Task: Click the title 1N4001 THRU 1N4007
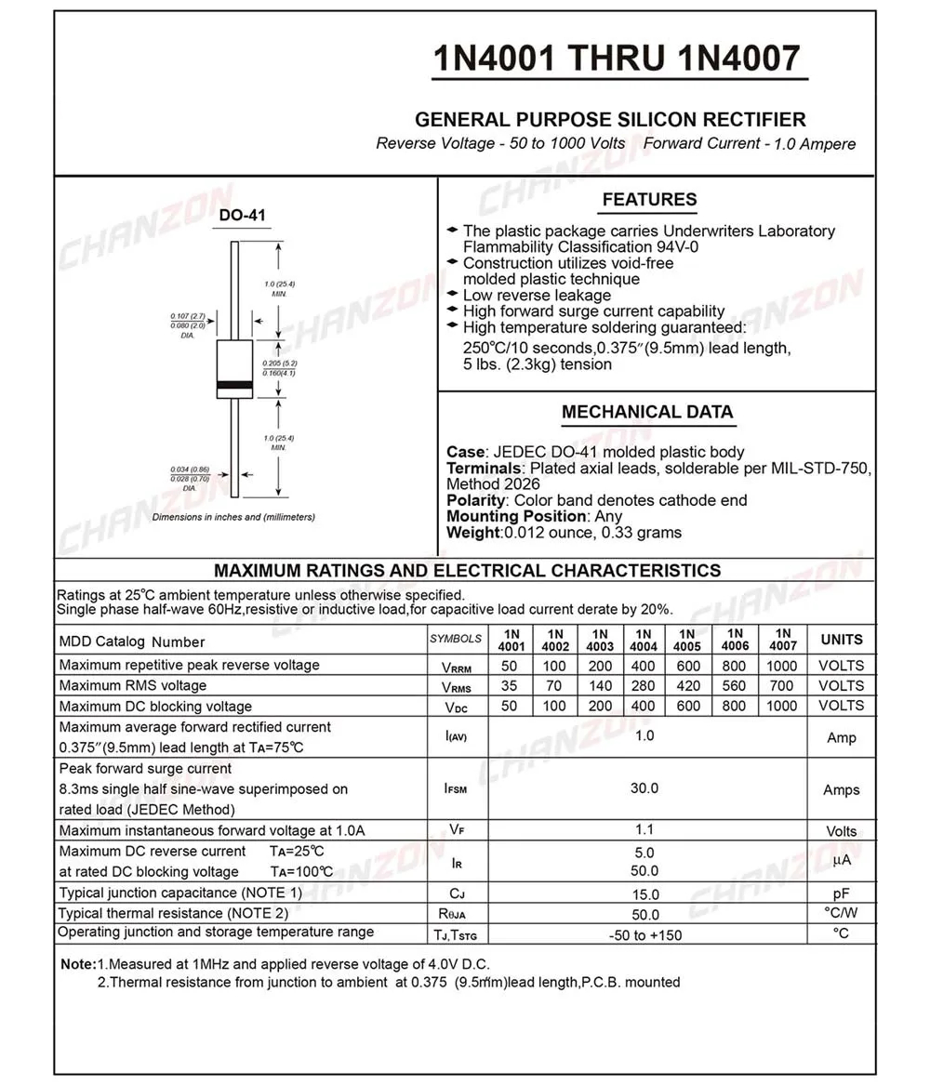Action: [x=617, y=59]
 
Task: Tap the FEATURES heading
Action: [x=649, y=200]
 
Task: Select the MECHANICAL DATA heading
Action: [x=647, y=412]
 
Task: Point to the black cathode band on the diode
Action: [x=234, y=385]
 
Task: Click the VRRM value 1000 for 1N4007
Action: [x=782, y=666]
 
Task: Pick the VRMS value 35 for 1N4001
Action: [x=510, y=686]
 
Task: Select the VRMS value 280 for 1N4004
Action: [x=644, y=686]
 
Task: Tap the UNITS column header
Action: [x=842, y=640]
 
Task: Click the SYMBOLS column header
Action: [x=456, y=639]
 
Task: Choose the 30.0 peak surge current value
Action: [x=644, y=788]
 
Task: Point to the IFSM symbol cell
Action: [x=456, y=789]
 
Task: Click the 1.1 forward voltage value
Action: [x=644, y=830]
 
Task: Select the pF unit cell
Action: [x=842, y=893]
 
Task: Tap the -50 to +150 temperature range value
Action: [x=644, y=934]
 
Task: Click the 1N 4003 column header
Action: [x=600, y=641]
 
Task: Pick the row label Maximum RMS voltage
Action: [x=133, y=686]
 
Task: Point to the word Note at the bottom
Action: [x=77, y=964]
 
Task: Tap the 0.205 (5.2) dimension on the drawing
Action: [x=279, y=363]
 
